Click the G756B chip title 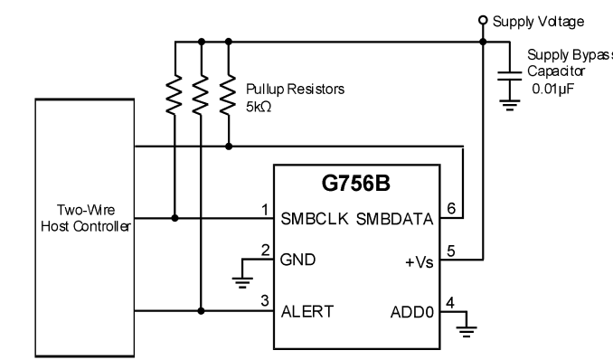(355, 183)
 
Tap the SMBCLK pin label (315, 219)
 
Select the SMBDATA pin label (395, 219)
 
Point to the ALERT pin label (307, 312)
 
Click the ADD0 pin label (412, 312)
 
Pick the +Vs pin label (420, 262)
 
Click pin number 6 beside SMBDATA (451, 208)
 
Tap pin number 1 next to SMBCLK (265, 210)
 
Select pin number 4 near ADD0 (450, 303)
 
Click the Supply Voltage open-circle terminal (483, 20)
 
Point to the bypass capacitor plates (509, 76)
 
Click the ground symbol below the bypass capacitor (509, 105)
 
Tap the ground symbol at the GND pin (242, 282)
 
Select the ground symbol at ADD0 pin (467, 331)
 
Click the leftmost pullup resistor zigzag (174, 95)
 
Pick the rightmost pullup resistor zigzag (229, 95)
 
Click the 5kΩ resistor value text (259, 107)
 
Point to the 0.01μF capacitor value (552, 89)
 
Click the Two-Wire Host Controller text (86, 218)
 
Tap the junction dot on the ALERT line (201, 311)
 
